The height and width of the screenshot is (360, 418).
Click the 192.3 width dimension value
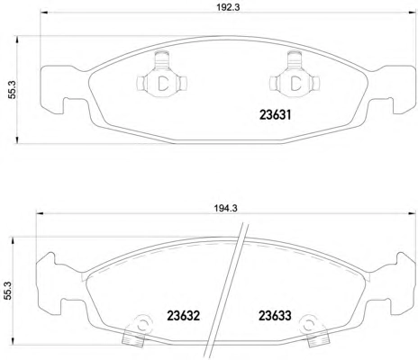[228, 7]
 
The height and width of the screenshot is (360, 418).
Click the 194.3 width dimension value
[226, 208]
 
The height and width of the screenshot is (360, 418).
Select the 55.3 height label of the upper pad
[13, 90]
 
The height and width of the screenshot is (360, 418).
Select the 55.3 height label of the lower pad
[7, 291]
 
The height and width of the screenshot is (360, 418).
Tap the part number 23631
[276, 114]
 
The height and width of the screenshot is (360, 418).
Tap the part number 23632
[183, 315]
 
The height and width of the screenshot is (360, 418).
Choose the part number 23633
[275, 315]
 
